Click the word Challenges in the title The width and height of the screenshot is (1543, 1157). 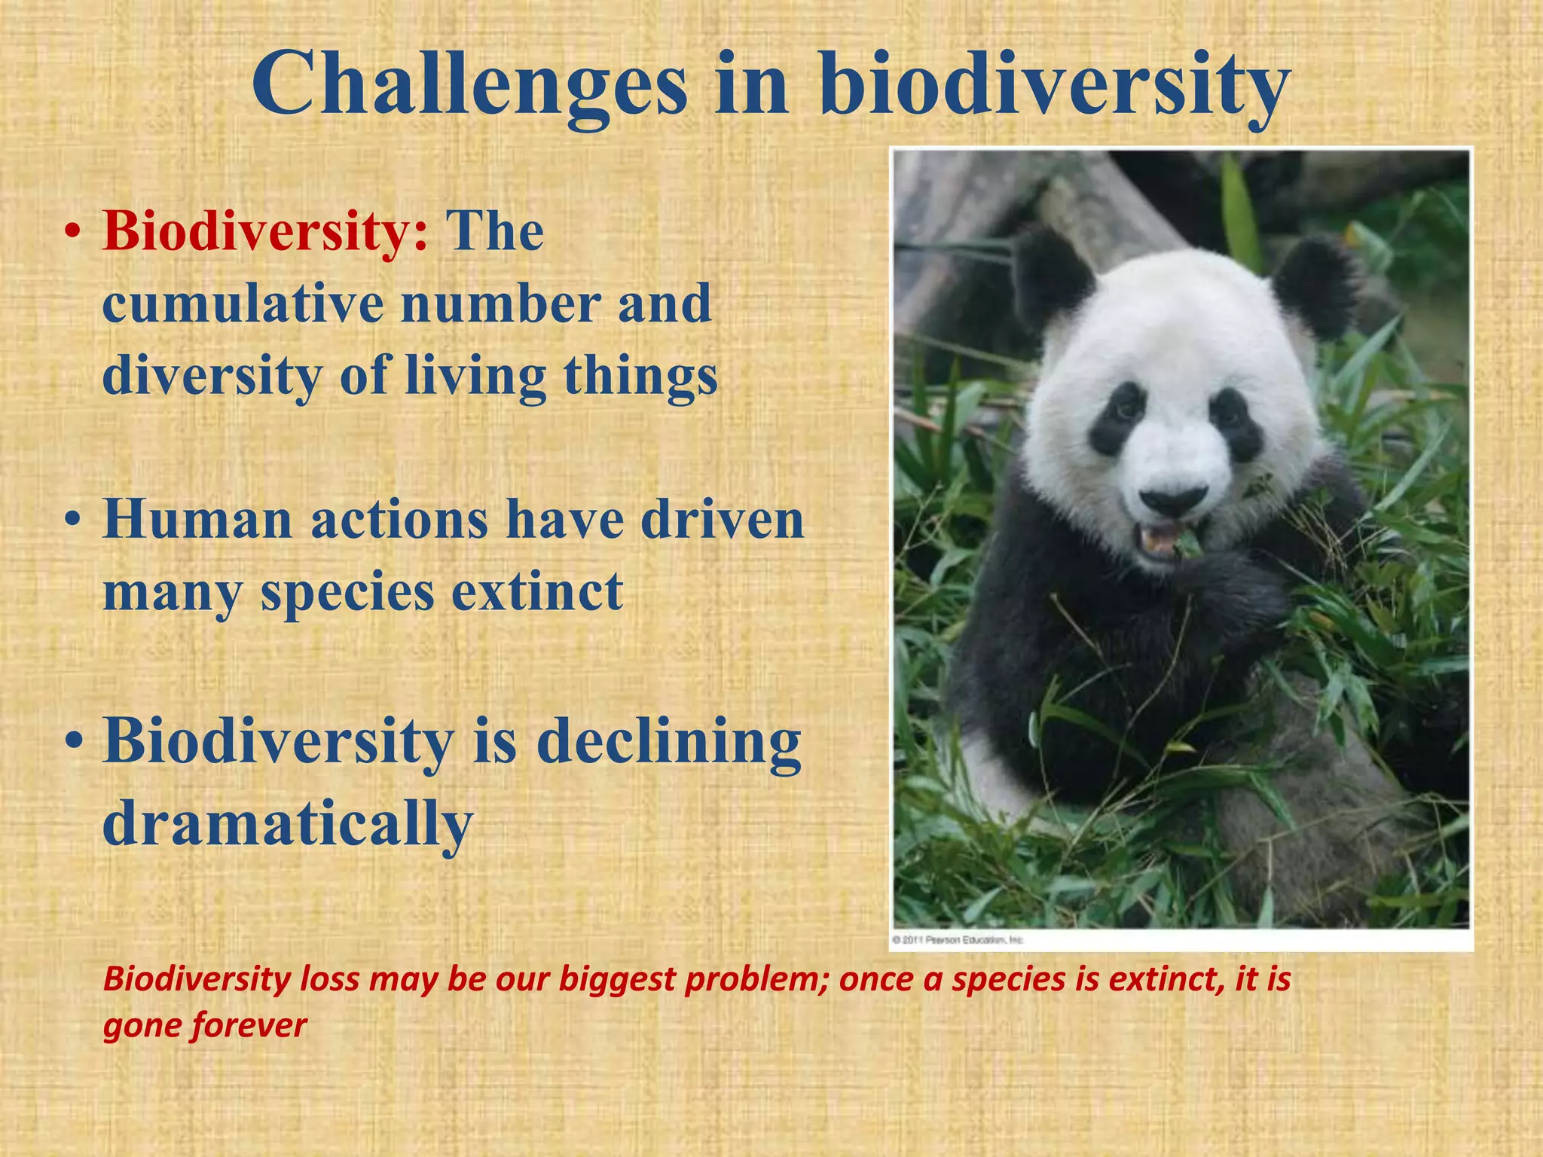pos(469,84)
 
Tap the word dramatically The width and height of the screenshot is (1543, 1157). pos(287,823)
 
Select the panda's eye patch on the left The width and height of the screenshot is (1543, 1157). pos(1117,418)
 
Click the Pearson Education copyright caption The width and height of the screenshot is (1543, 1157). pos(958,940)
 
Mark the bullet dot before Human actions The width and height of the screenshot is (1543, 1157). pos(72,521)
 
